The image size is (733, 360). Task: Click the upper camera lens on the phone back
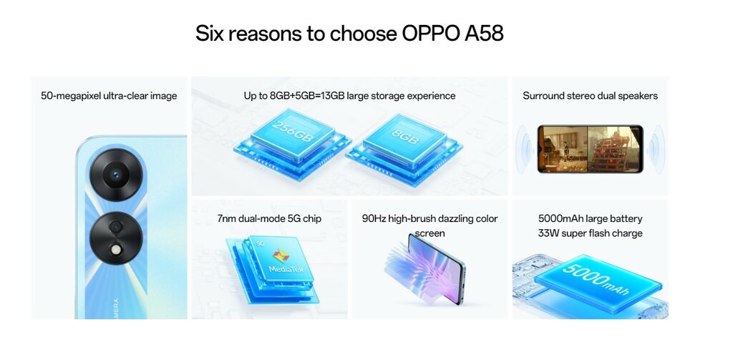pyautogui.click(x=115, y=175)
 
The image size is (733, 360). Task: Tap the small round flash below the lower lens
pyautogui.click(x=115, y=250)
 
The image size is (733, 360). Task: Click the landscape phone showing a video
pyautogui.click(x=590, y=149)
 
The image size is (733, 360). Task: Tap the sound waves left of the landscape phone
pyautogui.click(x=525, y=149)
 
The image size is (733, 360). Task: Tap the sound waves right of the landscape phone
pyautogui.click(x=656, y=149)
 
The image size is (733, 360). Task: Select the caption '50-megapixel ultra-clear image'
pyautogui.click(x=109, y=96)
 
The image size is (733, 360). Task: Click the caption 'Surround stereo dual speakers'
pyautogui.click(x=590, y=96)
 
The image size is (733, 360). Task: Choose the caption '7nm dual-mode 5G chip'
pyautogui.click(x=269, y=218)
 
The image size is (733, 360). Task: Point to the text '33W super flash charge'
pyautogui.click(x=590, y=233)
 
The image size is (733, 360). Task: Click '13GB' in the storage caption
pyautogui.click(x=330, y=96)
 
